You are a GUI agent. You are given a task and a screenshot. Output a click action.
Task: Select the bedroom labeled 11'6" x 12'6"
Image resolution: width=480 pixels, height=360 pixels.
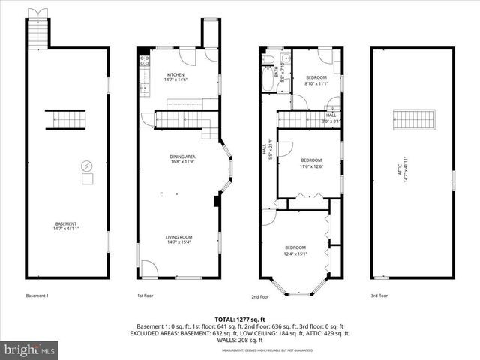311,163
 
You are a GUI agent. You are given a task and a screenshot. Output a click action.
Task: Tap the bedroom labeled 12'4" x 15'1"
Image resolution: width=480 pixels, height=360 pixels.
295,250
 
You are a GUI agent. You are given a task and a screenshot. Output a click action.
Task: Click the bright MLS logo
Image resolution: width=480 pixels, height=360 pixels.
30,349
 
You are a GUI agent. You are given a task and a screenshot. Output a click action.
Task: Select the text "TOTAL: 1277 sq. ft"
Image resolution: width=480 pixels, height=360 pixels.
239,319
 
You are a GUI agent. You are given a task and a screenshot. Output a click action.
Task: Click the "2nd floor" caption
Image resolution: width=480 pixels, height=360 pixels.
259,295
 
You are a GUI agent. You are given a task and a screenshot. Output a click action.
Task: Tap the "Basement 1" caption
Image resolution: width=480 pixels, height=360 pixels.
37,295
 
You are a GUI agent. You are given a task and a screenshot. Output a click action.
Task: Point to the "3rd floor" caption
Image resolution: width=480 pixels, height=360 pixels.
379,295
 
